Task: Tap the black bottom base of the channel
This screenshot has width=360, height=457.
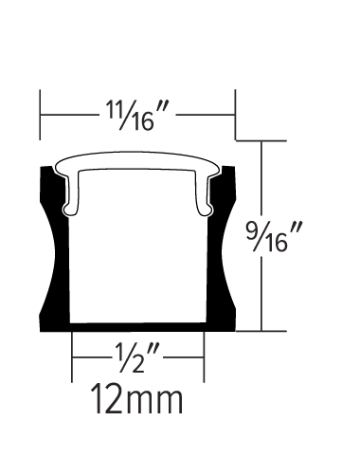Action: pyautogui.click(x=138, y=323)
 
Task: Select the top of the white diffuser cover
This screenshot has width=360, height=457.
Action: pyautogui.click(x=138, y=163)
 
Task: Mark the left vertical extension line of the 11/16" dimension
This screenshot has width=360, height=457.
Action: pyautogui.click(x=40, y=115)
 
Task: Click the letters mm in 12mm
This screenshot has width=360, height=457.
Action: pyautogui.click(x=159, y=402)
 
